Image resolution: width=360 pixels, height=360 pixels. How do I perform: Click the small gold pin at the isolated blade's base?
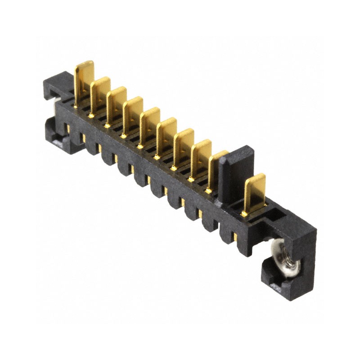coord(244,214)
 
